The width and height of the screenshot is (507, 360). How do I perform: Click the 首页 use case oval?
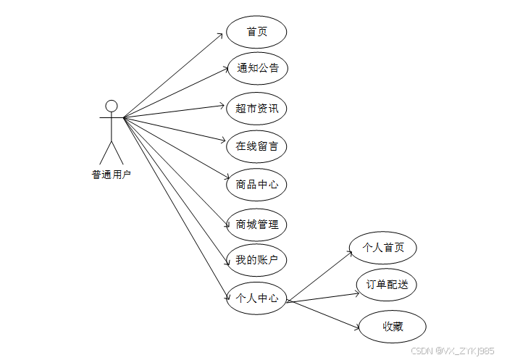click(256, 32)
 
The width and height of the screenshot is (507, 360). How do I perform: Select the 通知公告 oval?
click(256, 69)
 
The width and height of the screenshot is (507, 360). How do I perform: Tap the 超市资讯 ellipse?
click(256, 109)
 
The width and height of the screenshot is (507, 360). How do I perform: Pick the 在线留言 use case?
click(256, 146)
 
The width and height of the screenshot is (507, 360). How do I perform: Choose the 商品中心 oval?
click(256, 184)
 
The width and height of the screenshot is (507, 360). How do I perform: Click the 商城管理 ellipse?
click(256, 225)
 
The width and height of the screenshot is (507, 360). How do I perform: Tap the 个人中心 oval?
click(256, 298)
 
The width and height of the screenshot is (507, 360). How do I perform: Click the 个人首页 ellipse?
click(382, 248)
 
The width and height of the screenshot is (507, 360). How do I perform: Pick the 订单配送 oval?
click(387, 285)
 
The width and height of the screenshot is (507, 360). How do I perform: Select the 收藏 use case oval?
click(393, 327)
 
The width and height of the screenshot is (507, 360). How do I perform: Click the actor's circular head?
click(112, 106)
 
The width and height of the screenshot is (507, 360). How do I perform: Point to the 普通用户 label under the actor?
click(112, 174)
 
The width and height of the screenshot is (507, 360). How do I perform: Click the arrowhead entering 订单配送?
click(353, 293)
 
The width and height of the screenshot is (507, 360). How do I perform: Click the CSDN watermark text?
click(452, 350)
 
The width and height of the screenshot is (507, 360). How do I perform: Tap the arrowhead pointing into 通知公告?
click(223, 70)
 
